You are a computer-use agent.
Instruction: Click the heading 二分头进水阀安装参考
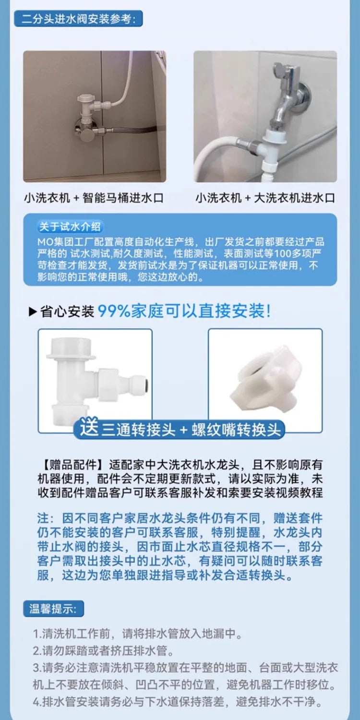tap(78, 20)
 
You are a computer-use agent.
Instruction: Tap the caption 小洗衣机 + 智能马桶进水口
tap(94, 198)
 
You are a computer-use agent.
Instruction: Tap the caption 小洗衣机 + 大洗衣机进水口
tap(265, 198)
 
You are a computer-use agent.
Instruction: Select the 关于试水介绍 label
tap(70, 227)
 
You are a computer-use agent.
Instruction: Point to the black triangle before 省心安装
tap(33, 312)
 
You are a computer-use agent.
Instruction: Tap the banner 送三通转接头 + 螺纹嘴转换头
tap(180, 429)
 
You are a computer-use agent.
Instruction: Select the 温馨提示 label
tap(53, 609)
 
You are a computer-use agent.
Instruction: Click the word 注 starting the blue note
tap(43, 519)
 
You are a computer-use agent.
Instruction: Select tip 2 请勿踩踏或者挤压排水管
tap(103, 651)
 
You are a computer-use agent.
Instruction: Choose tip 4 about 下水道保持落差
tap(178, 702)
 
